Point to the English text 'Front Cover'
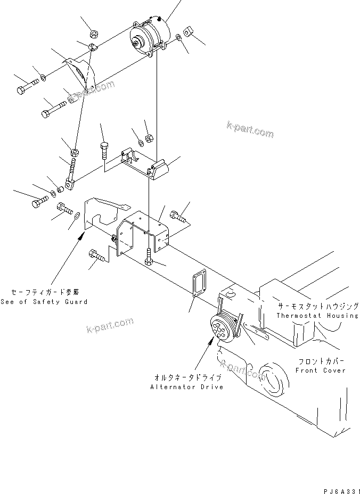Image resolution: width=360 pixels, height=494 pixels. (x=321, y=370)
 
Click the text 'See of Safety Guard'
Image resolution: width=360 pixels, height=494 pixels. (x=44, y=301)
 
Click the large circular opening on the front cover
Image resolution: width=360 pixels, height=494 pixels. (x=274, y=380)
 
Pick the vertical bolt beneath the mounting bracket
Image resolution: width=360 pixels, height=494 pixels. (x=149, y=259)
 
